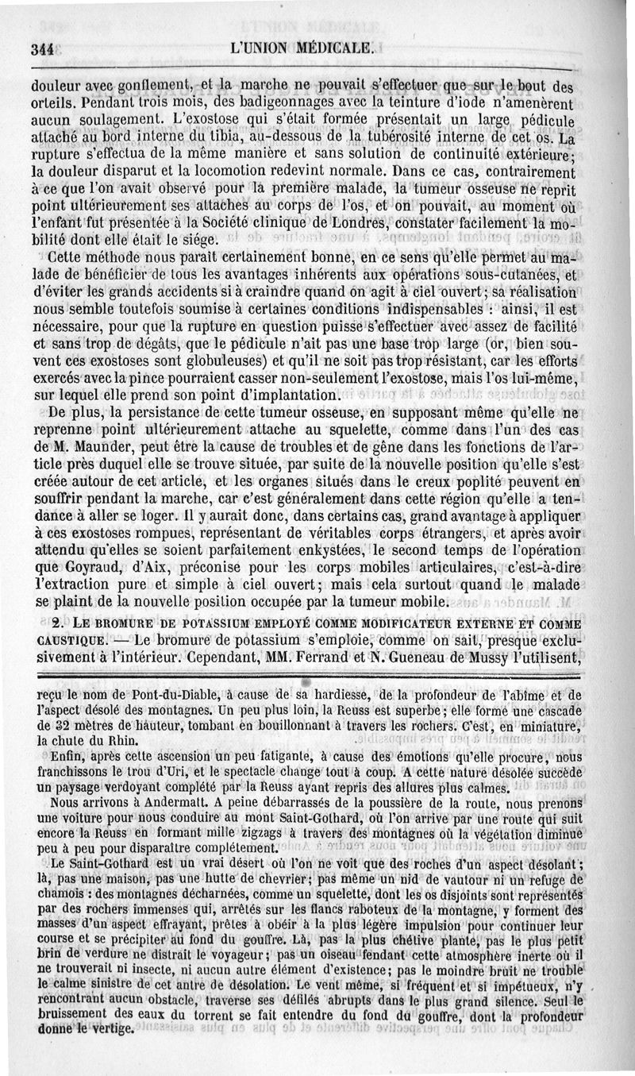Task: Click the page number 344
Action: (40, 48)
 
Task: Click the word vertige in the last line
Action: (116, 1030)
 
